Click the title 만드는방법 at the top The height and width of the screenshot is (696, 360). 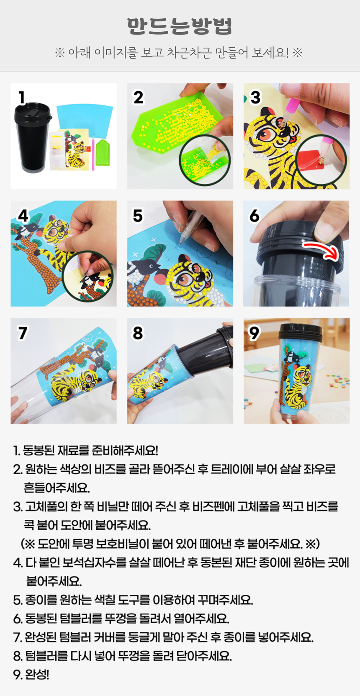(180, 26)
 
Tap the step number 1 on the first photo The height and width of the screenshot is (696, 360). (21, 97)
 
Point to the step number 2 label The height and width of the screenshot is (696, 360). (138, 97)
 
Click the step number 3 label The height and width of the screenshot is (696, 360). (255, 97)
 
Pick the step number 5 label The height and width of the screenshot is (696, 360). (138, 216)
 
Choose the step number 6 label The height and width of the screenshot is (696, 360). (254, 216)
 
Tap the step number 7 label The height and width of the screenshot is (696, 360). (22, 333)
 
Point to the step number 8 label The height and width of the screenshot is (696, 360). (138, 333)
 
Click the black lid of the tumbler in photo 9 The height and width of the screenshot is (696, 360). (301, 331)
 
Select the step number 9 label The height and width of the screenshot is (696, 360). (254, 333)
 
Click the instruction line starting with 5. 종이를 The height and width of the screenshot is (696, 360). (133, 600)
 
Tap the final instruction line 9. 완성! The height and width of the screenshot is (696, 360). (31, 675)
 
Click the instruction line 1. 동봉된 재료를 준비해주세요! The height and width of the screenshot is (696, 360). (86, 450)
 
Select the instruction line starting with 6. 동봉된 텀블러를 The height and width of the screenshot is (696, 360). (121, 619)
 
